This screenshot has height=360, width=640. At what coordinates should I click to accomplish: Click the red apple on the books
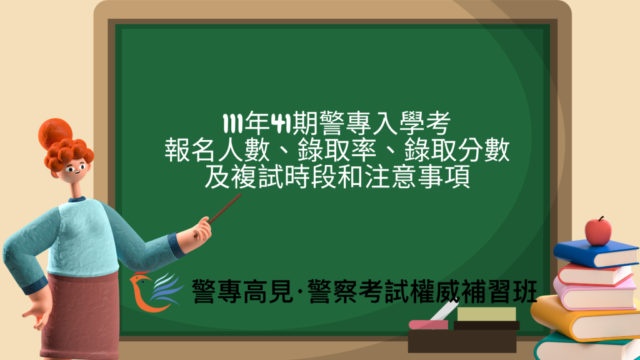click(598, 231)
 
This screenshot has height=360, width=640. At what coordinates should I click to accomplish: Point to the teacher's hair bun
click(54, 132)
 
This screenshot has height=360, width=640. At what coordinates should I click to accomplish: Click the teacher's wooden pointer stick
click(225, 208)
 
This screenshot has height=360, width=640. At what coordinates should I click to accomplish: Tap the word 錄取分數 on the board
click(457, 152)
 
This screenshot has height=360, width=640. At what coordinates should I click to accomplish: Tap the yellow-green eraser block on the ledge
click(486, 314)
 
